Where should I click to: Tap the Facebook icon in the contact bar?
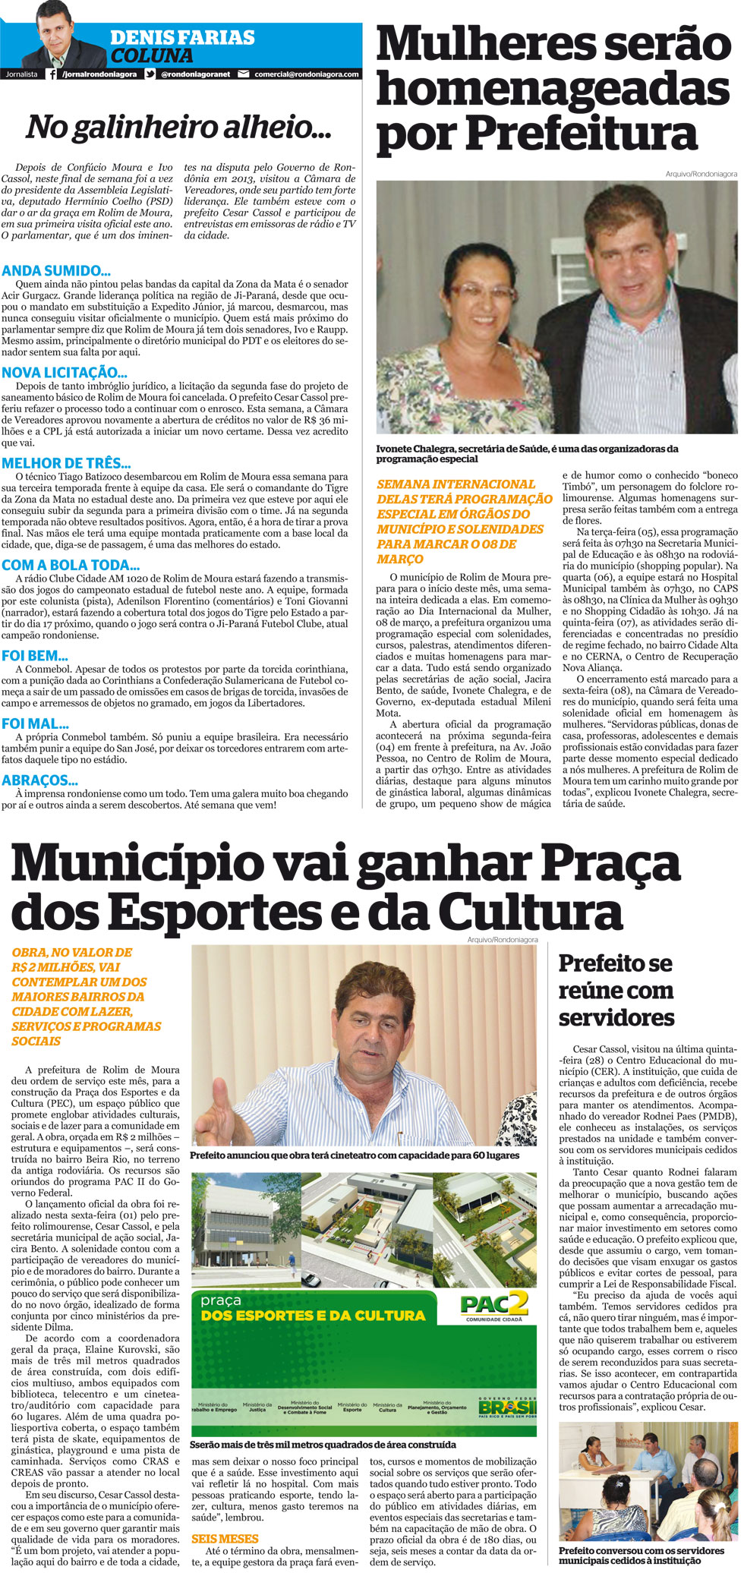[52, 74]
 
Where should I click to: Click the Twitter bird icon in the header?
[150, 74]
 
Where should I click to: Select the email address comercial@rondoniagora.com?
[306, 74]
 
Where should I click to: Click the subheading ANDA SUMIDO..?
[56, 271]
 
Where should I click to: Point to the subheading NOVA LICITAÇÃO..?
[64, 373]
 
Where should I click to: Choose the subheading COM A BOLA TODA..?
[71, 566]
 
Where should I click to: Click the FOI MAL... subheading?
[35, 724]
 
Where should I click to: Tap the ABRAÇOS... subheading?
[39, 780]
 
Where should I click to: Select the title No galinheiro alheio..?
[178, 128]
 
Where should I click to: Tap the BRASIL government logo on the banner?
[506, 1385]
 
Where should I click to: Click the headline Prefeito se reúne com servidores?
[616, 991]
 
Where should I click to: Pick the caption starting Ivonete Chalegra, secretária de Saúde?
[528, 454]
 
